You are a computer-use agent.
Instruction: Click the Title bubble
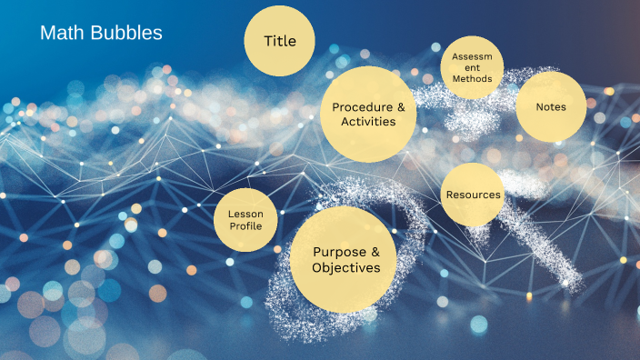tap(279, 41)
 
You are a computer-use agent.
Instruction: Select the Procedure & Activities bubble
tap(368, 114)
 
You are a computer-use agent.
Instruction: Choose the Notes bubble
tap(551, 106)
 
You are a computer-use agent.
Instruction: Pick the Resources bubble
tap(473, 195)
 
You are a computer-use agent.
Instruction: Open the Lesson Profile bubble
tap(245, 220)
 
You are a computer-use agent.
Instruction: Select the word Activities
tap(368, 122)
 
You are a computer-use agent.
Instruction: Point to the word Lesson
tap(245, 214)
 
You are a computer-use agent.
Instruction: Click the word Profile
tap(245, 225)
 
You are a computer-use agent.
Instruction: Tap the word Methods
tap(473, 79)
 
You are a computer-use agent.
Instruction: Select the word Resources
tap(473, 195)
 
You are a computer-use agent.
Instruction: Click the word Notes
tap(551, 106)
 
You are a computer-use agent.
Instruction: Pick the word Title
tap(279, 41)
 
